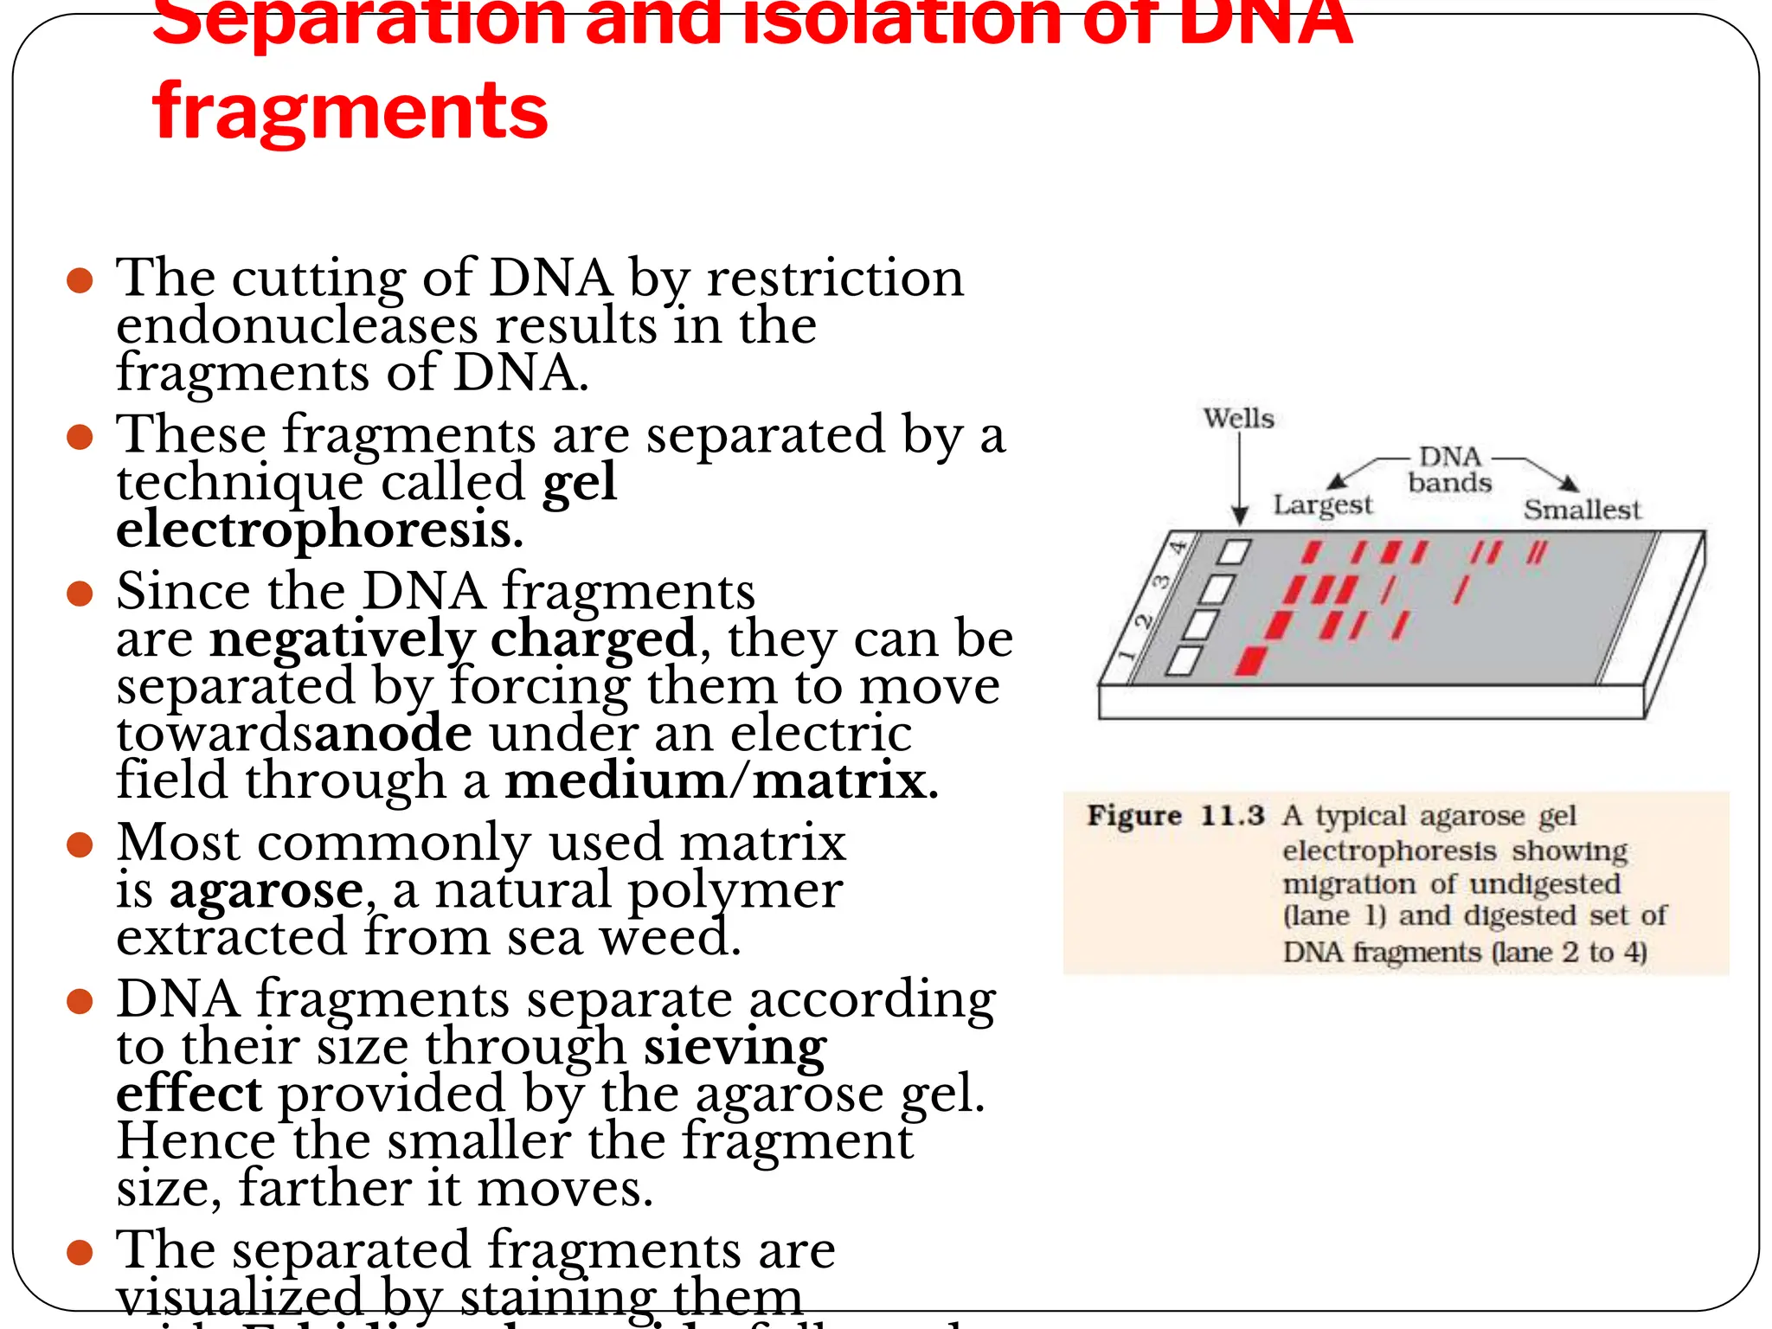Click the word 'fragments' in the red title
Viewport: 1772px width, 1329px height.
350,112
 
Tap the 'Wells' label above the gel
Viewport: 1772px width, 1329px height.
1238,419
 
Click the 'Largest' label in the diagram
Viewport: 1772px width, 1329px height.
1322,504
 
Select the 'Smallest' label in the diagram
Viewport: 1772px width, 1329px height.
1581,510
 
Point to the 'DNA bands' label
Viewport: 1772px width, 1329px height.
1450,470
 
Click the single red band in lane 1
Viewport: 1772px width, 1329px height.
1251,660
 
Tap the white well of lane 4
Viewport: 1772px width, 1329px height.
1235,552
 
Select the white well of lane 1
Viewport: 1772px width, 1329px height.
1185,660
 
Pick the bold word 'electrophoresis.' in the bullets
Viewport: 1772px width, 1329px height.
319,530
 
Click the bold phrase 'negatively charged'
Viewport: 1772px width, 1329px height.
453,639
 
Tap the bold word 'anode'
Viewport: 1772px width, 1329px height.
393,734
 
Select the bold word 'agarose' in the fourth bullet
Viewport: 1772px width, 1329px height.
266,890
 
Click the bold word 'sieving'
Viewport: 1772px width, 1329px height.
735,1047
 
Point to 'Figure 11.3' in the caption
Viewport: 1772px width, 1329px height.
1175,815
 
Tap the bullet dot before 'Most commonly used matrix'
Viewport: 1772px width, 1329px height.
80,844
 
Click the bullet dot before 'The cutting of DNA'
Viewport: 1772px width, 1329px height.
80,280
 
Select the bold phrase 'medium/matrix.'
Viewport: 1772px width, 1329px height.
721,780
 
